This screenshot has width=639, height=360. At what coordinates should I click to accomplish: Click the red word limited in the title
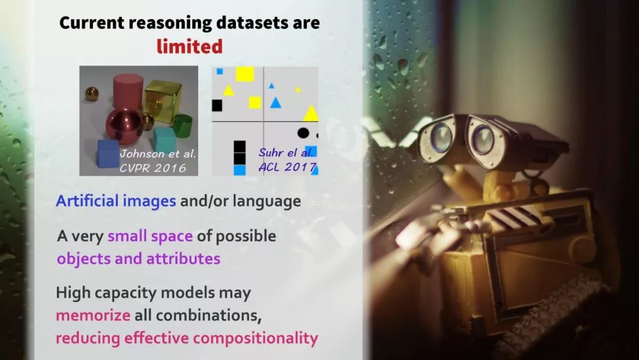(189, 46)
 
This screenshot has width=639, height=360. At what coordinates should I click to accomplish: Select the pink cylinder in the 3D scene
(128, 93)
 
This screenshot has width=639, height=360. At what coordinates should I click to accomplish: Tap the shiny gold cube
(162, 99)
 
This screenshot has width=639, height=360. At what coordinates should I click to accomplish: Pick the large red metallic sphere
(124, 126)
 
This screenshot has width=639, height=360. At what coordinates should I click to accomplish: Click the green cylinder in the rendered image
(182, 126)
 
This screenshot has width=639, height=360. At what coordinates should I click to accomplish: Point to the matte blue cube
(108, 154)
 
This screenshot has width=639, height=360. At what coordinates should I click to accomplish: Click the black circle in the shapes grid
(303, 133)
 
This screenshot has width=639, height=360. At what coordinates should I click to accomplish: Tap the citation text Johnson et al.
(158, 154)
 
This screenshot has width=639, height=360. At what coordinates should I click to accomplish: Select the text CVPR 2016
(153, 168)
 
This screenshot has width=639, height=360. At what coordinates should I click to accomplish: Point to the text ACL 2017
(288, 167)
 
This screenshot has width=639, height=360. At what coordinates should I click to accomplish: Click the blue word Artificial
(87, 201)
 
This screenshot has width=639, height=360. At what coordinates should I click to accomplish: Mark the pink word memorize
(93, 315)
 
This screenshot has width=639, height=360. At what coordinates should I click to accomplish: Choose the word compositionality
(256, 339)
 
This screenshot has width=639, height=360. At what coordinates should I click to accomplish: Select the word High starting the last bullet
(72, 292)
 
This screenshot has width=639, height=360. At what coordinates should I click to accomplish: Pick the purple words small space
(150, 236)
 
